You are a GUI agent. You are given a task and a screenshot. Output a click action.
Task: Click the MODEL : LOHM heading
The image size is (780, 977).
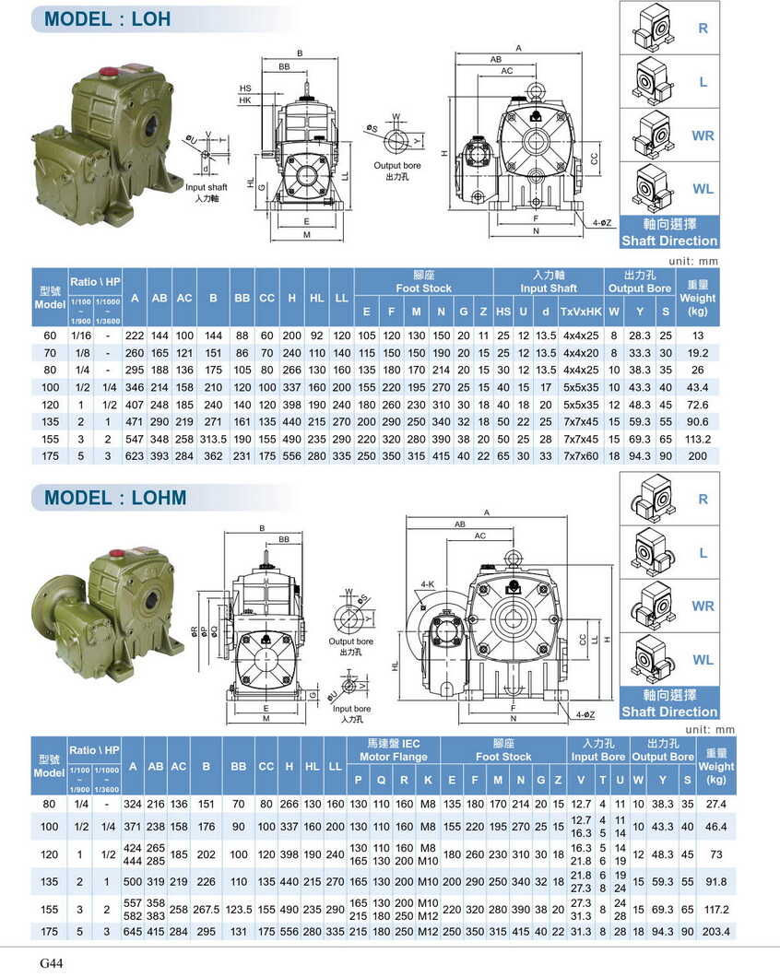115,498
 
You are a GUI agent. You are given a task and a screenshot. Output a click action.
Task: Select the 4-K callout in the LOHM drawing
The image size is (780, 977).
427,584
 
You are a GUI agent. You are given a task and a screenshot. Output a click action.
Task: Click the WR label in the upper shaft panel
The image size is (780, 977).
703,135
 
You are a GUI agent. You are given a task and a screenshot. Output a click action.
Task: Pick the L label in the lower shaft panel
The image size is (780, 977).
703,553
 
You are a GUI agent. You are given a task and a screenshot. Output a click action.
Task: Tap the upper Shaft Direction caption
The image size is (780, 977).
669,241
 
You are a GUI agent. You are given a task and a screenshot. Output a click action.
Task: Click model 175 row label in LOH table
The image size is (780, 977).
49,456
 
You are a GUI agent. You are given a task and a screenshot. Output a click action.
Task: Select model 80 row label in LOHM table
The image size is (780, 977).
49,805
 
